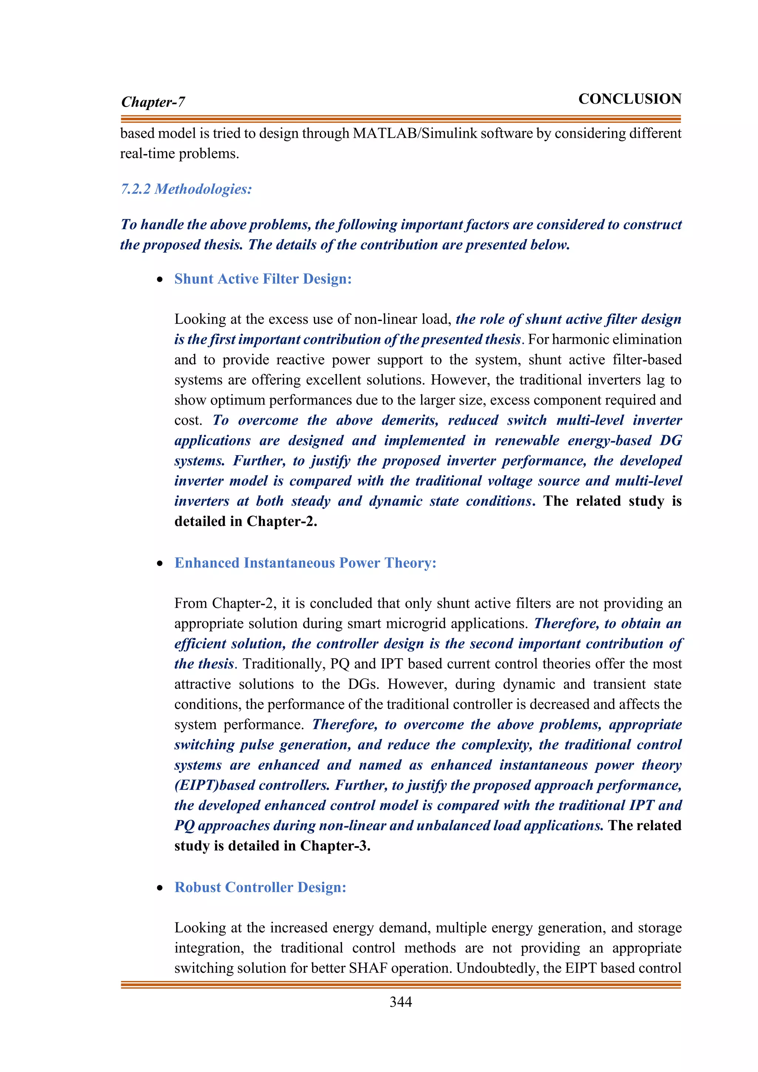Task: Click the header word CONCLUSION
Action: point(630,99)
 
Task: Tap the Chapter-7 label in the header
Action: point(153,102)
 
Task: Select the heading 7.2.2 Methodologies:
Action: point(186,189)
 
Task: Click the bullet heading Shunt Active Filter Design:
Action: point(263,279)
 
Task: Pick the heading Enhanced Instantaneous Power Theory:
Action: point(305,563)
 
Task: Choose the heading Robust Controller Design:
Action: point(261,887)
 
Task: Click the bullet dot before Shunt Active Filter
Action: point(160,280)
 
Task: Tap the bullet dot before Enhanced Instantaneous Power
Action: point(160,563)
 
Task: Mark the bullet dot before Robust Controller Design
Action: point(160,888)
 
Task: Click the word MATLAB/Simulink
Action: point(415,134)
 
